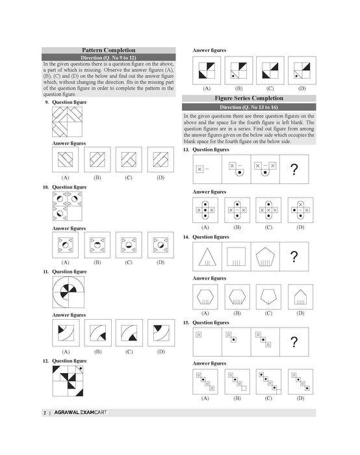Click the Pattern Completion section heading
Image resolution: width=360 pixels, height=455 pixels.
click(x=109, y=50)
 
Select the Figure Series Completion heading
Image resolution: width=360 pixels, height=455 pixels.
click(x=249, y=97)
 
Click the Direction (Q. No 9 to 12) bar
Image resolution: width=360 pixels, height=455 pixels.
click(x=109, y=57)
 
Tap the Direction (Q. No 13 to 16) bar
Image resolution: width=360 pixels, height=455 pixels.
click(x=249, y=106)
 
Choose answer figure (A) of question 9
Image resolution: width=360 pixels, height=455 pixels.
click(x=65, y=159)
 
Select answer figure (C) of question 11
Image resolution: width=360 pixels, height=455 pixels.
click(x=129, y=333)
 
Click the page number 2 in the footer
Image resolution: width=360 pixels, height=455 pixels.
click(x=45, y=413)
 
